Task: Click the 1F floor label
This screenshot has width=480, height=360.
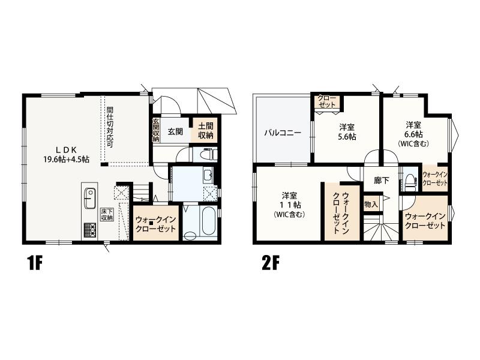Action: [35, 263]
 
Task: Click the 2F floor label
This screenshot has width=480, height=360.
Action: [271, 263]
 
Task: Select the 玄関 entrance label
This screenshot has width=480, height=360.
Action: [175, 131]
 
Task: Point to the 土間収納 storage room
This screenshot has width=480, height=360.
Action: [206, 131]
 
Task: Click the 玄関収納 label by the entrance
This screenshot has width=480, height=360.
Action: [156, 130]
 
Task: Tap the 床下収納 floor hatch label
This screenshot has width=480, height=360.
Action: [107, 214]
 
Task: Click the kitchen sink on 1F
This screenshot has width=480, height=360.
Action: [89, 198]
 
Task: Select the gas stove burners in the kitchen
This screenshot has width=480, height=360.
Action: [89, 230]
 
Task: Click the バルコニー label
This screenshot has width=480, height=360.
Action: [283, 133]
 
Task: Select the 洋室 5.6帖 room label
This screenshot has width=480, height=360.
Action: [347, 131]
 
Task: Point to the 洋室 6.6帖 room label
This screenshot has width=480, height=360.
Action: [413, 134]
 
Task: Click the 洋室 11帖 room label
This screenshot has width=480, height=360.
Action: [289, 204]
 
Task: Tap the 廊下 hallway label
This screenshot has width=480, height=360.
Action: [382, 181]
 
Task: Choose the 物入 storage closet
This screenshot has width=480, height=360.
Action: [371, 204]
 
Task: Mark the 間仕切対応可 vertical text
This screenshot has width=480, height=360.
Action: [110, 127]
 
